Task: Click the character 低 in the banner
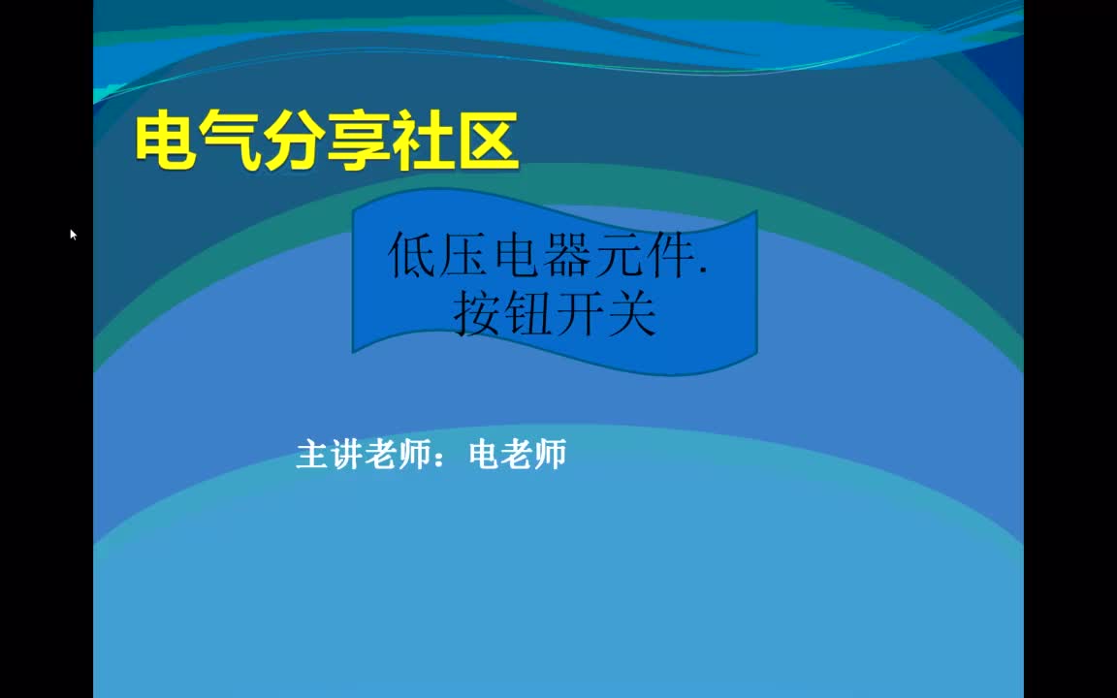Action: (412, 256)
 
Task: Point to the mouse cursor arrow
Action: (74, 235)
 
